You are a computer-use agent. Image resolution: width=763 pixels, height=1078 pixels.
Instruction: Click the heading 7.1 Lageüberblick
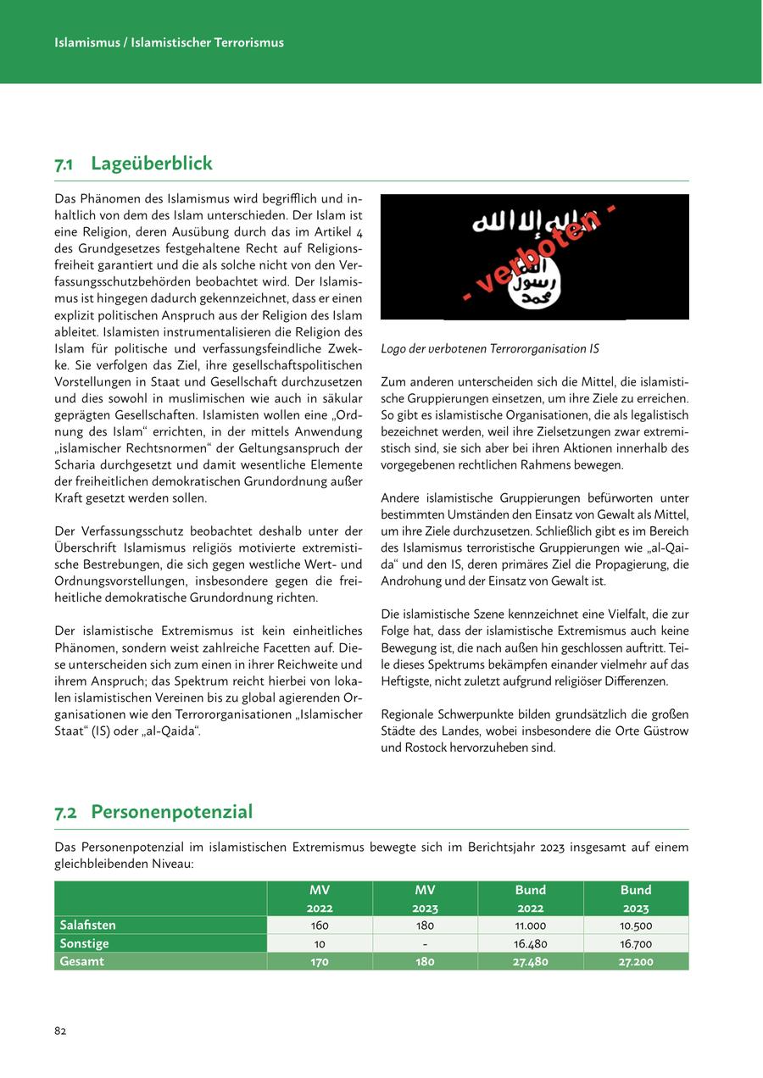coord(134,164)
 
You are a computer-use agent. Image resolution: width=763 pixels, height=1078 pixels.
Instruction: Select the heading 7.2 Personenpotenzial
coord(154,812)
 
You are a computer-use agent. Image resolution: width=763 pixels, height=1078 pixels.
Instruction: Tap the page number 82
coord(60,1031)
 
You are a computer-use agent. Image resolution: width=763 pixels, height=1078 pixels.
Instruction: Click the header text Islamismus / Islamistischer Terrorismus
coord(169,42)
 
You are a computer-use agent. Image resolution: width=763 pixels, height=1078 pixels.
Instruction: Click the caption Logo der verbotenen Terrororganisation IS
coord(490,348)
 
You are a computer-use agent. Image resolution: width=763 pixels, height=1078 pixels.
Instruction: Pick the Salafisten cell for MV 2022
coord(320,925)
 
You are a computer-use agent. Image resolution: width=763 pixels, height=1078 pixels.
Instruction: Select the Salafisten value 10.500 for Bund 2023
coord(636,925)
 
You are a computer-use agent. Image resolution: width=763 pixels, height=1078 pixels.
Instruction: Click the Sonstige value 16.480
coord(530,943)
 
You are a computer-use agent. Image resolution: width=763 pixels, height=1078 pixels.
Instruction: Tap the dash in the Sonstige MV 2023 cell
coord(425,943)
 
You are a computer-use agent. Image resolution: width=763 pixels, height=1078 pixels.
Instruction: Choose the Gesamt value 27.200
coord(636,962)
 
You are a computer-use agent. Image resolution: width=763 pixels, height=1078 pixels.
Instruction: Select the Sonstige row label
coord(85,943)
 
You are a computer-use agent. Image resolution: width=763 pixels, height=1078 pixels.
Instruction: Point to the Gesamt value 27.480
coord(530,962)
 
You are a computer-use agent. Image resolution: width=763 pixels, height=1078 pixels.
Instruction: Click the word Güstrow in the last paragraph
coord(666,731)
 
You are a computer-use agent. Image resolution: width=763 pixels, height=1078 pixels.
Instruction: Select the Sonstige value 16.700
coord(636,943)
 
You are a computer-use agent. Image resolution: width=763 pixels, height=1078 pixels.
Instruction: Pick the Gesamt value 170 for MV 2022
coord(320,962)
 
